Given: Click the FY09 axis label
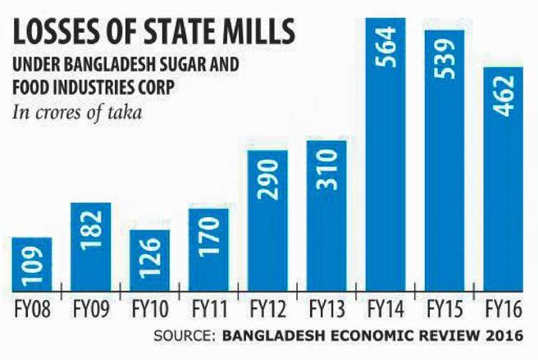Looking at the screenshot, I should [90, 311].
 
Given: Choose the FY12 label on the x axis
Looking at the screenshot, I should [267, 311].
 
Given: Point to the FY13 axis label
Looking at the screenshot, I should [326, 311].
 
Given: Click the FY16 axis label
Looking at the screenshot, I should [503, 311].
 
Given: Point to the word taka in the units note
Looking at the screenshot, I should [123, 112].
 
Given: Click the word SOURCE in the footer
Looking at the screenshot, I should [182, 335].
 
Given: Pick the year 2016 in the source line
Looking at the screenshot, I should [504, 335].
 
